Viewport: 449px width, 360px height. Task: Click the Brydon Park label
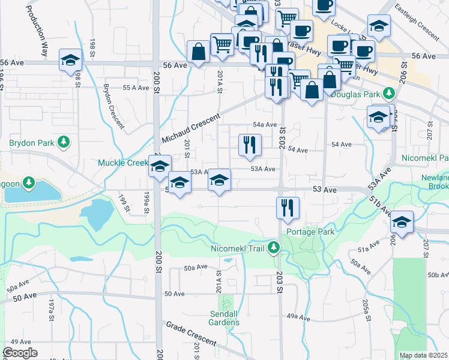click(32, 143)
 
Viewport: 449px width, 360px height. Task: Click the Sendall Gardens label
click(224, 318)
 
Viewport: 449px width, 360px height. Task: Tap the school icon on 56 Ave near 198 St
click(70, 59)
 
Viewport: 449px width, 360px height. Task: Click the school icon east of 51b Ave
click(401, 222)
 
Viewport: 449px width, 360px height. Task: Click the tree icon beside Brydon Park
click(62, 143)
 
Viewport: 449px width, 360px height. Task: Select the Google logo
click(20, 353)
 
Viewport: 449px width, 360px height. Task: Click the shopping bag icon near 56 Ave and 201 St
click(198, 52)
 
